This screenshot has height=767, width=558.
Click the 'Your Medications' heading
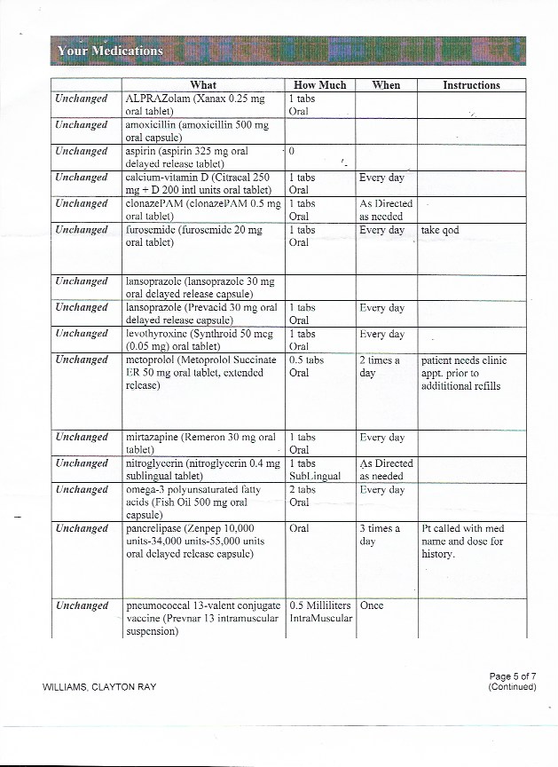click(110, 51)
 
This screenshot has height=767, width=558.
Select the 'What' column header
click(203, 85)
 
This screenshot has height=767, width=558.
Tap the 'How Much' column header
click(319, 85)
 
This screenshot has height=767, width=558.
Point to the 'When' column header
click(386, 85)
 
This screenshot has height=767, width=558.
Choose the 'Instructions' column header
click(471, 85)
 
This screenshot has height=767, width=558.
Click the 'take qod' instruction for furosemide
click(440, 230)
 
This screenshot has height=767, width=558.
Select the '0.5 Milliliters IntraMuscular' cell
click(321, 612)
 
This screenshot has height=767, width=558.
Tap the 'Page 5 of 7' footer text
click(512, 676)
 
